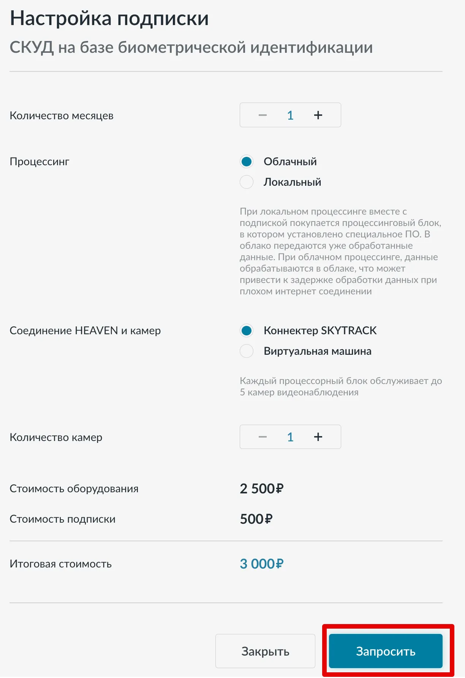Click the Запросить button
[x=386, y=651]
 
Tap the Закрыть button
[x=265, y=651]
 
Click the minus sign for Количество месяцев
[x=263, y=115]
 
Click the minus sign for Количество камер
[x=263, y=437]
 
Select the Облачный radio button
[x=247, y=161]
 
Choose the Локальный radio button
[x=247, y=182]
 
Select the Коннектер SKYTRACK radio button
[x=247, y=330]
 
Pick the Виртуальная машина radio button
[x=247, y=351]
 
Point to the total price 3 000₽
[x=261, y=564]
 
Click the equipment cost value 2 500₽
[x=261, y=488]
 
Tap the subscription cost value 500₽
[x=256, y=519]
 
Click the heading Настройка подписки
[x=109, y=18]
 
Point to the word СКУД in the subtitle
[x=32, y=47]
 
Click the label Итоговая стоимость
[x=61, y=564]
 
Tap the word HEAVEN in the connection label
[x=96, y=330]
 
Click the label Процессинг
[x=40, y=161]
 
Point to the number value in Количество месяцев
[x=290, y=115]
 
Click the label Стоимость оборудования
[x=74, y=488]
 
